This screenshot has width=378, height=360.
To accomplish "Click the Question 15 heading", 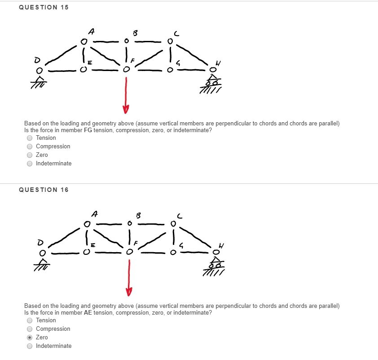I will [44, 7].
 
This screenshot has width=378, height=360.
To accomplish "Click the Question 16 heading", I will [44, 190].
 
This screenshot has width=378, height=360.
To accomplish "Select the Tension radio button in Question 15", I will [30, 138].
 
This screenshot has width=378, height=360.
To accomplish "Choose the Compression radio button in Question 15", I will [30, 147].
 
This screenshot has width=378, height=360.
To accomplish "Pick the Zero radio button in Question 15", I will [30, 155].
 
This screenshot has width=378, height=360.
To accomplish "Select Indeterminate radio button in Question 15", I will [30, 164].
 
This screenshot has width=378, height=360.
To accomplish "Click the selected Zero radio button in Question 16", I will [30, 338].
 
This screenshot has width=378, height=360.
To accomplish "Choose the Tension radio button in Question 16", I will [30, 320].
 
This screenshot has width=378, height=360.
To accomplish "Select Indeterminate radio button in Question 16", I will [30, 346].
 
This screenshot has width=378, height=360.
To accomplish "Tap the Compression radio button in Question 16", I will [30, 329].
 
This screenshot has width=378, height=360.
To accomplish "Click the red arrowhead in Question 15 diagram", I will [126, 109].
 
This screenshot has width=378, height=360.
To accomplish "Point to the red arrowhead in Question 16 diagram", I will [129, 292].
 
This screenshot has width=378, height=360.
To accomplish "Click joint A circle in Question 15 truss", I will [84, 42].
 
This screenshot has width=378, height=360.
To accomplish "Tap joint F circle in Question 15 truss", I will [127, 70].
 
